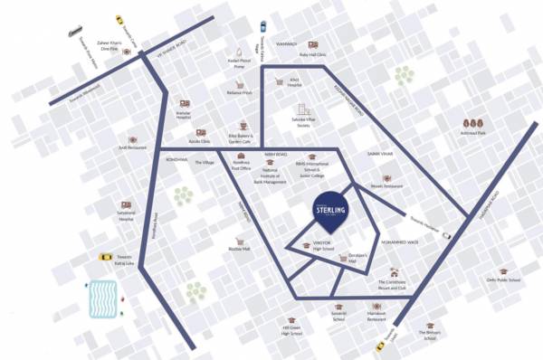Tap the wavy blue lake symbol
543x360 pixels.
103,298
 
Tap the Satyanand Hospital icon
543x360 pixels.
125,204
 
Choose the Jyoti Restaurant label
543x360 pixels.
132,147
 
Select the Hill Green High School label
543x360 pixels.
291,332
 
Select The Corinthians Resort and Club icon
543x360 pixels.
393,272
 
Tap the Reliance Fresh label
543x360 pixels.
240,92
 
